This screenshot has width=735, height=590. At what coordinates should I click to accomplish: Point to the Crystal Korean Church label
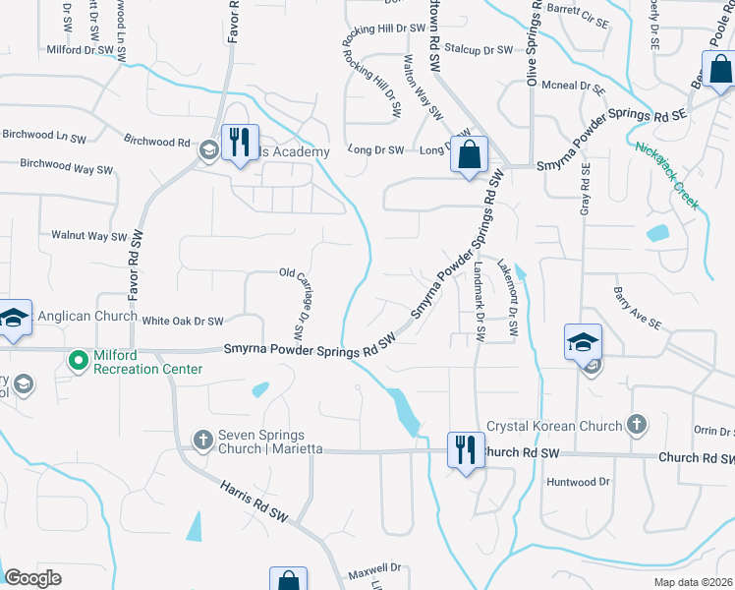point(555,426)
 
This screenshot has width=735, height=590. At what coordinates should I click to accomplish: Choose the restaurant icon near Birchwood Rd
point(240,142)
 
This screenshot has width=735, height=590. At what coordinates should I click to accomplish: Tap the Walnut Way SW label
point(89,236)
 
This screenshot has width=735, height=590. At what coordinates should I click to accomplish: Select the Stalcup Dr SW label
point(479,49)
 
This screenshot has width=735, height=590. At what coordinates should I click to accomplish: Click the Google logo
point(33,578)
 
